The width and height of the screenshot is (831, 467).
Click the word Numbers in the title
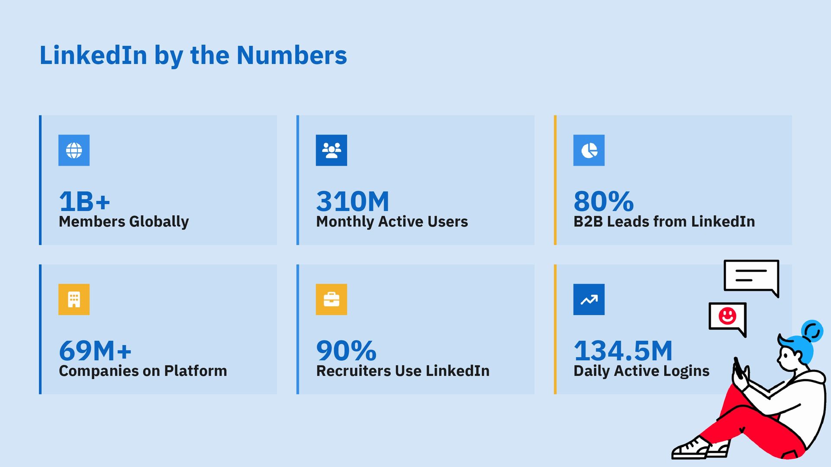click(x=291, y=55)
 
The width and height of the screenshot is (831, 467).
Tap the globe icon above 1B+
click(x=74, y=150)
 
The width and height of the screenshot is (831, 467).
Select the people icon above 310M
click(x=332, y=150)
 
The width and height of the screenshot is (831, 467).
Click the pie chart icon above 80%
click(x=589, y=150)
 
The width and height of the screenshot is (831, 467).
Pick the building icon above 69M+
click(x=74, y=299)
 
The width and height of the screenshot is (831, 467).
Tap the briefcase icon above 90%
click(x=332, y=299)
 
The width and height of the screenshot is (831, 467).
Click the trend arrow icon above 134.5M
click(x=589, y=299)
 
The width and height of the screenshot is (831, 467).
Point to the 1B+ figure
click(x=85, y=202)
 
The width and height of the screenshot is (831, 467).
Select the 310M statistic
click(x=353, y=202)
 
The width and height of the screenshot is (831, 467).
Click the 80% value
click(x=604, y=202)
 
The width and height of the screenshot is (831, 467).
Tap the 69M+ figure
click(x=95, y=351)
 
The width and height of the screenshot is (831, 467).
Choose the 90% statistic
click(x=346, y=351)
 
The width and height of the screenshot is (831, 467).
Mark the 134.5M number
click(x=623, y=351)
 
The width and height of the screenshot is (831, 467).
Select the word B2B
click(x=588, y=222)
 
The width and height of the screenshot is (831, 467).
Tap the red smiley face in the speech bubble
click(x=728, y=316)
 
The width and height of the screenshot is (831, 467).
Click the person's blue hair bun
click(x=812, y=331)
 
